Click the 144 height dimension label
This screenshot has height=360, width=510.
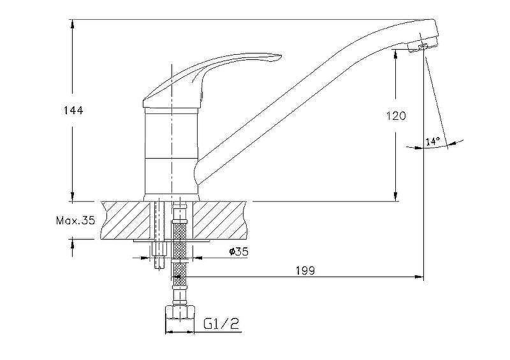point(73,111)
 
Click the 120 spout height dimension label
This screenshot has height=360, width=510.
point(396,116)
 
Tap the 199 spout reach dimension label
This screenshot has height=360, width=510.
point(305,270)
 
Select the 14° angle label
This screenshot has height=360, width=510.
point(433,141)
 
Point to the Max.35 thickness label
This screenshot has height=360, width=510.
point(75,221)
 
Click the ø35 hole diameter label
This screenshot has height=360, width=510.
point(238,252)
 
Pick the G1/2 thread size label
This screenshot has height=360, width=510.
point(221,324)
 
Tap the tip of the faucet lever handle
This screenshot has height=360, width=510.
point(279,57)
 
